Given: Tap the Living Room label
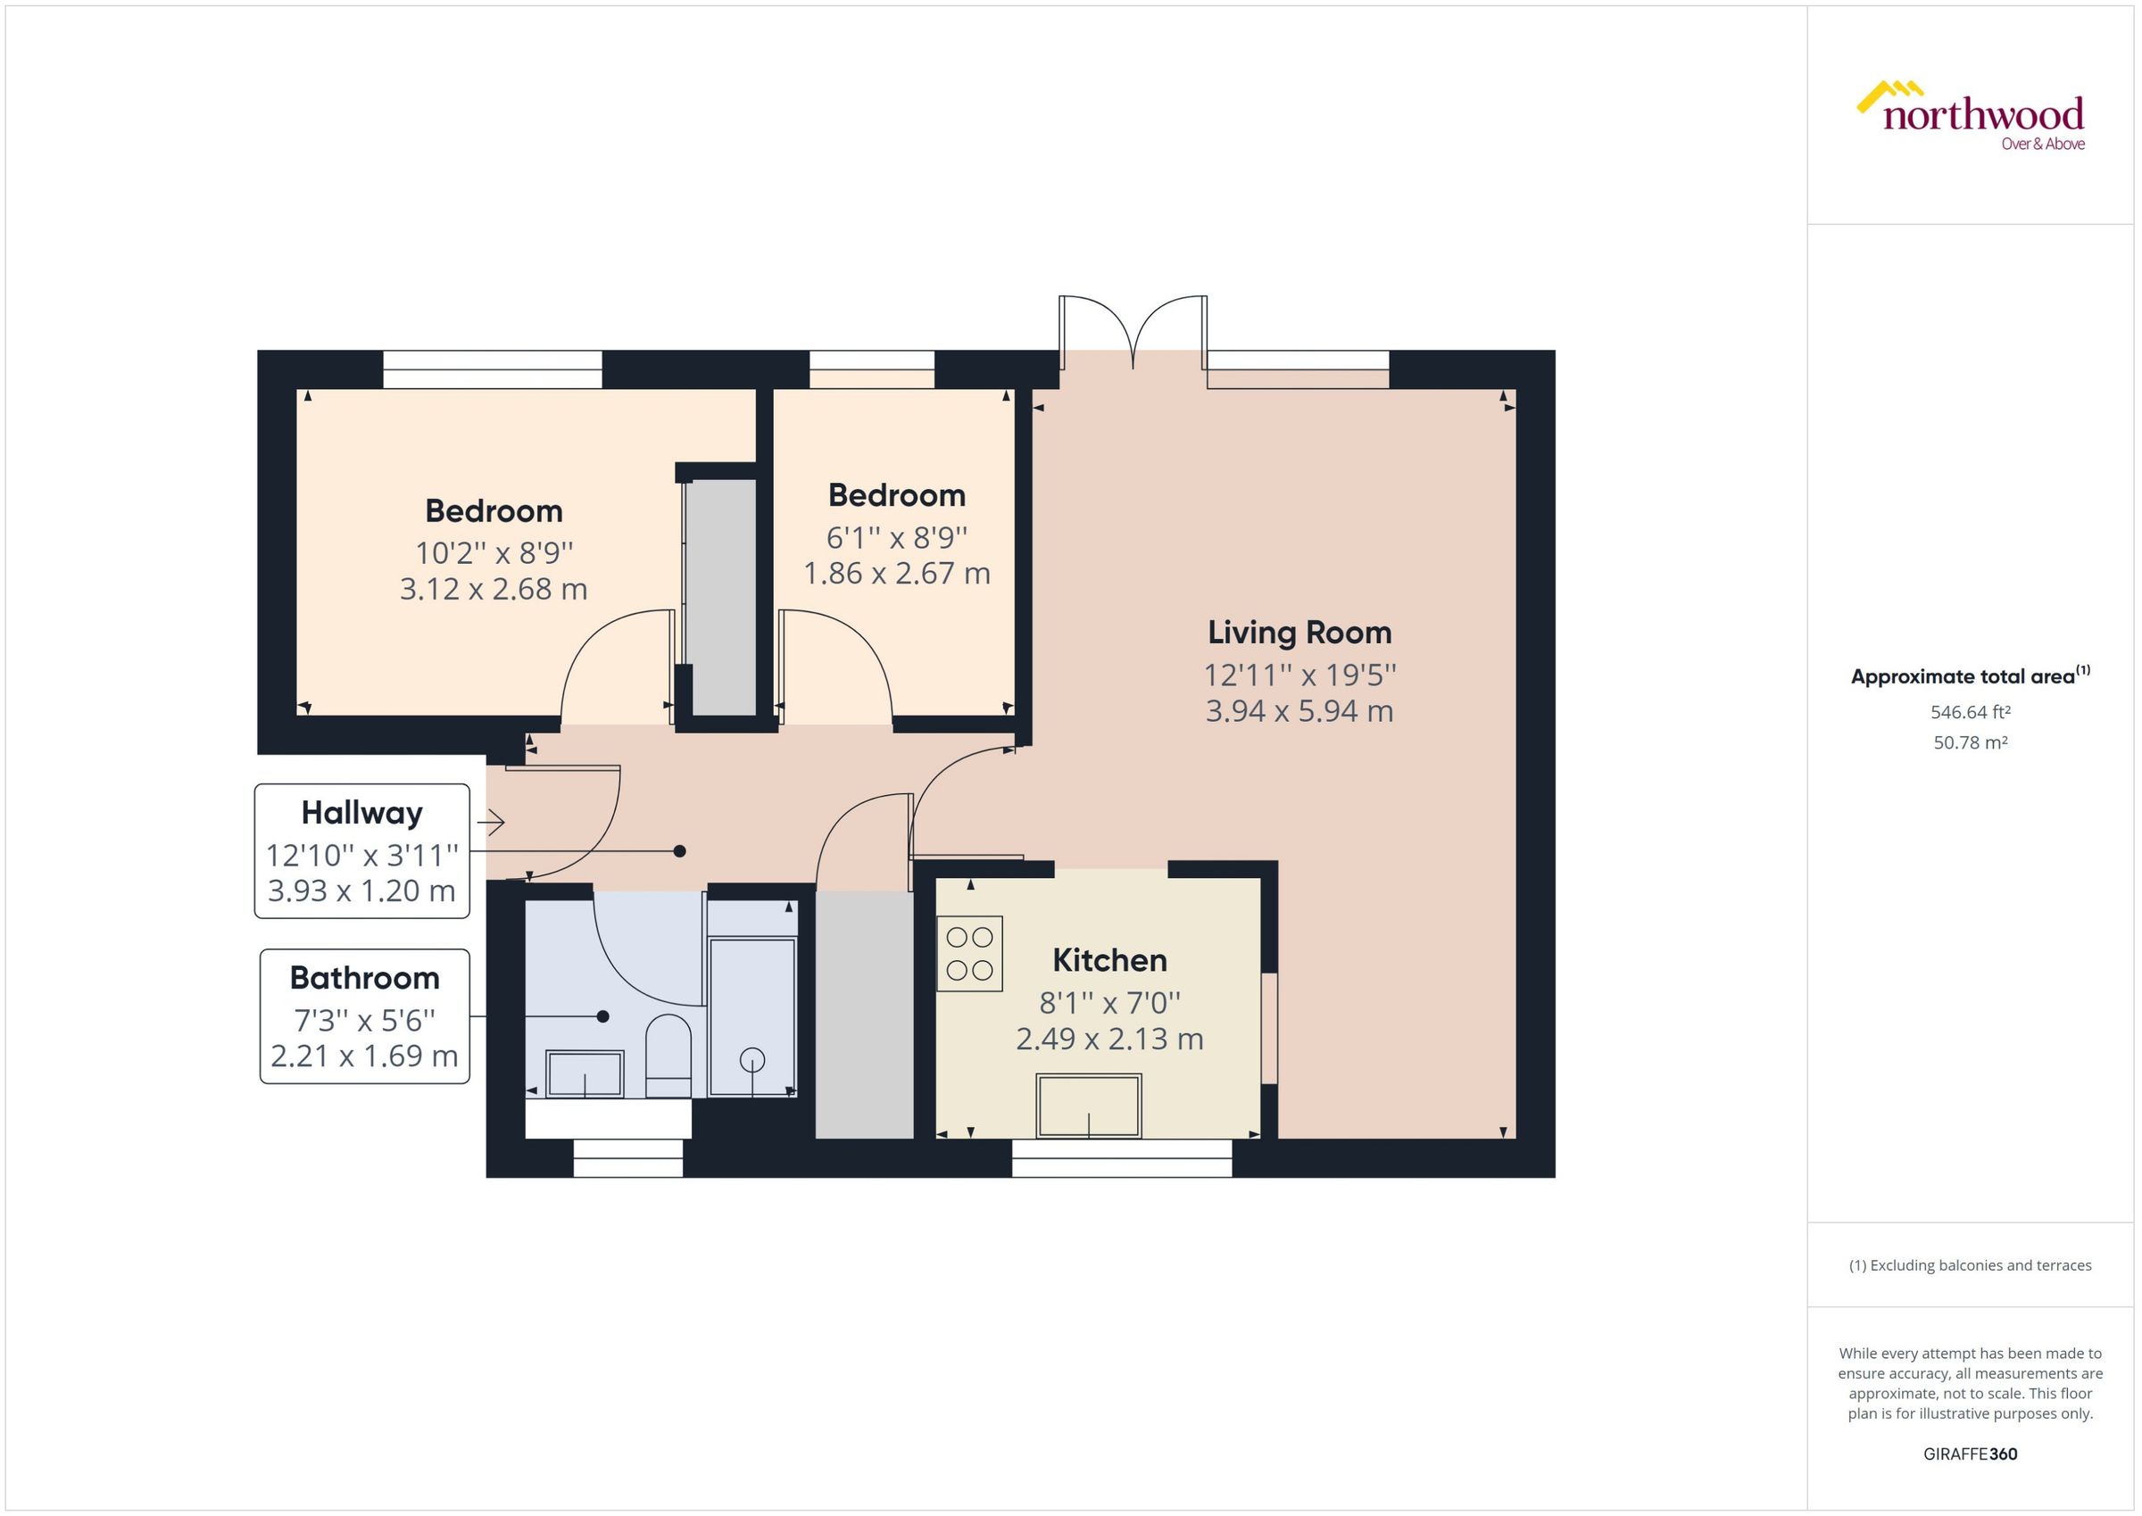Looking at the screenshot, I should click(1299, 632).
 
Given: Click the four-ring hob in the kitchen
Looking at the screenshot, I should click(969, 953).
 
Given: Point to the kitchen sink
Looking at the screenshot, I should click(1089, 1106).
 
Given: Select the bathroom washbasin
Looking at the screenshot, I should click(585, 1073).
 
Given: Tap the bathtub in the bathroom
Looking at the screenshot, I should click(751, 1017).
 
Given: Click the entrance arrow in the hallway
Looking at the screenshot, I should click(491, 823).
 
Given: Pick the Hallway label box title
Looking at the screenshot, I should click(361, 812).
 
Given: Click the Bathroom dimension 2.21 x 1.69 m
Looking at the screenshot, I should click(364, 1056).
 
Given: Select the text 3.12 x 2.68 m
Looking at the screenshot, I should click(493, 589).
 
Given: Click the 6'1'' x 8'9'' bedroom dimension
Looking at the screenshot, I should click(896, 538).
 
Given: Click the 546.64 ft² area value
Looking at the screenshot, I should click(1970, 712).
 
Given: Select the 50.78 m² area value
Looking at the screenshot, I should click(1970, 743).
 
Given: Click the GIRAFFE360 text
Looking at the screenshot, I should click(1970, 1454).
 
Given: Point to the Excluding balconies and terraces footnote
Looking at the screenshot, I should click(1970, 1265).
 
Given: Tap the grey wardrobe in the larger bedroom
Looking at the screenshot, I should click(720, 598).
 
